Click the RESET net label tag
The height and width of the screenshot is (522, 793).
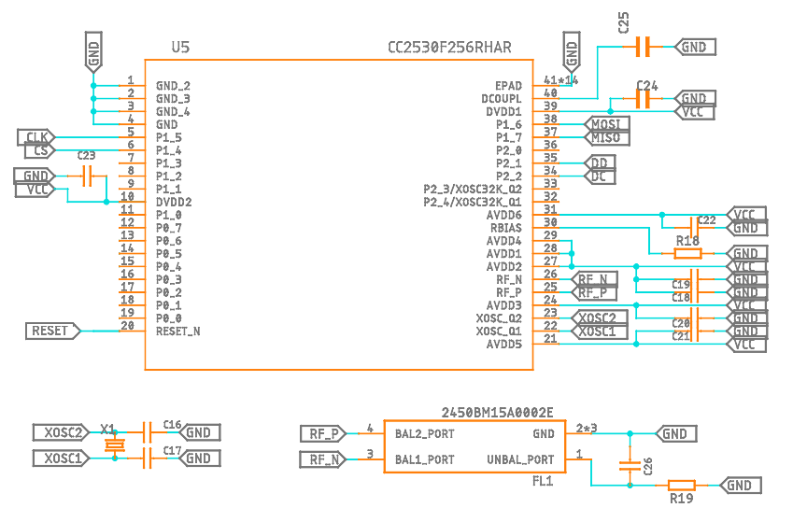point(52,331)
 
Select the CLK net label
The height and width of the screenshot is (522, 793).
point(36,137)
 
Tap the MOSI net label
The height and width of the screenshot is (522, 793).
point(606,124)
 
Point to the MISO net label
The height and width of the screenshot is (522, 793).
point(606,137)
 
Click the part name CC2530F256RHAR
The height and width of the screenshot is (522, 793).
point(449,48)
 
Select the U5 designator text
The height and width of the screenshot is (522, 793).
point(181,48)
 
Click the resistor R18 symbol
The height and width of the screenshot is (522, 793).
point(688,253)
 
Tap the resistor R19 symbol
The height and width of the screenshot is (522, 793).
point(682,486)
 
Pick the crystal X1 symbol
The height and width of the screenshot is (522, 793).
point(114,445)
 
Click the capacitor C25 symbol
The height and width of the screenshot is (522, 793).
point(642,47)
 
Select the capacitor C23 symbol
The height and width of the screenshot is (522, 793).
point(88,176)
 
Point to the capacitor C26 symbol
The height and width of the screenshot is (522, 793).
point(629,465)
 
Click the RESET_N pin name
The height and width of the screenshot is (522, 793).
point(178,331)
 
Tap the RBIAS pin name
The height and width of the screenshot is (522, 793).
point(505,228)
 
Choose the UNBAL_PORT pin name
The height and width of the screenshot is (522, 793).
point(520,459)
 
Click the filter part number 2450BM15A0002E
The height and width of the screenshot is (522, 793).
point(497,412)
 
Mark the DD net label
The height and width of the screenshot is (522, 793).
point(600,163)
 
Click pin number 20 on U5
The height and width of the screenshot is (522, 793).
point(128,325)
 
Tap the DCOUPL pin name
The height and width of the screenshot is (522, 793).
point(502,98)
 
